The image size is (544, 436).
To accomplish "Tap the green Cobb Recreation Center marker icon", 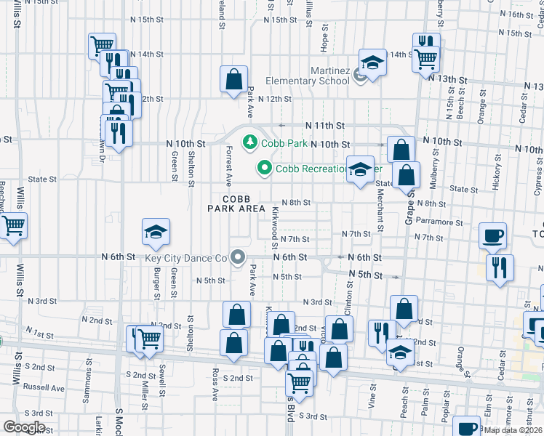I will coord(263,169).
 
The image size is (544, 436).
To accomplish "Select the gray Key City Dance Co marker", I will coord(236,257).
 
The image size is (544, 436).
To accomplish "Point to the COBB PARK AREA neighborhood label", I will coord(236,203).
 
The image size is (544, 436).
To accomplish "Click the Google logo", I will coord(23,427).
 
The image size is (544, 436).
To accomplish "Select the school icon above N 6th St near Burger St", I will coord(156,232).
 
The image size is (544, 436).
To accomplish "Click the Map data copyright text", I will coord(513,430).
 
